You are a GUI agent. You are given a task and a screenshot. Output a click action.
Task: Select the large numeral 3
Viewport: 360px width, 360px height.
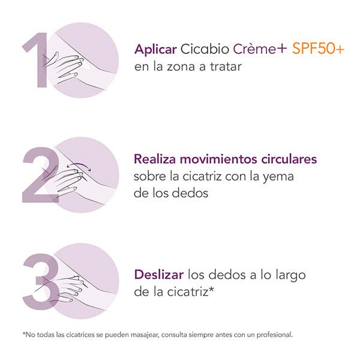point(41,282)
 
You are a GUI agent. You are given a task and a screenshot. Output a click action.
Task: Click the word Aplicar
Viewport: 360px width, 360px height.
point(155,49)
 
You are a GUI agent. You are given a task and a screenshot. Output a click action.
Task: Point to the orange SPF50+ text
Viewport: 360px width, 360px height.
point(318,49)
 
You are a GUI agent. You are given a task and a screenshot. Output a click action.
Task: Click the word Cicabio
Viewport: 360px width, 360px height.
point(205,49)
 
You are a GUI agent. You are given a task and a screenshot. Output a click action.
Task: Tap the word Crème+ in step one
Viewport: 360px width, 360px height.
point(260,49)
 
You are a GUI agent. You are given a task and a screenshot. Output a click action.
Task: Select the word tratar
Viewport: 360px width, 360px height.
point(226,67)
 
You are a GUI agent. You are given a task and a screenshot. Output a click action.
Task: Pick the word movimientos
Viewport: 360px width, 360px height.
point(218,159)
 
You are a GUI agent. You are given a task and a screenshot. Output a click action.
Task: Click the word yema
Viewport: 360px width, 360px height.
point(278,177)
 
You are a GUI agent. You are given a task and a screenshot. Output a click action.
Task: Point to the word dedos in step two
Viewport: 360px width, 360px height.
point(190,193)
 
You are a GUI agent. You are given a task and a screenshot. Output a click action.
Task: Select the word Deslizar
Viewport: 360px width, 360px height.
point(159,275)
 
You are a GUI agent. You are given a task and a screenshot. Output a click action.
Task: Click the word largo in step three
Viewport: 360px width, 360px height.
point(290,275)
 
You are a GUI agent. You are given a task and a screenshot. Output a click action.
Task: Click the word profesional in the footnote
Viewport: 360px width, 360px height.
point(275,335)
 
